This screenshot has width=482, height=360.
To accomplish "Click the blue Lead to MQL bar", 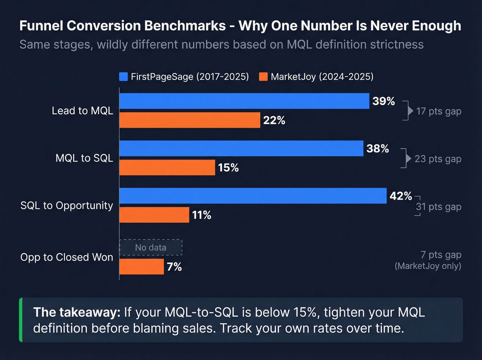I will click(x=244, y=101).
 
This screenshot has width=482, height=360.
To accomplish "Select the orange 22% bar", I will click(x=190, y=120).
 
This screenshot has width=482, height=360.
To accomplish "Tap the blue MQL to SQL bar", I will click(x=241, y=148).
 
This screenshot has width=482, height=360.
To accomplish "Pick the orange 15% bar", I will click(x=167, y=167).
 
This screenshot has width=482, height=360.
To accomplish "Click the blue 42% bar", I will click(x=253, y=196).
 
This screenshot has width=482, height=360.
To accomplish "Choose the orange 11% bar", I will click(x=154, y=215).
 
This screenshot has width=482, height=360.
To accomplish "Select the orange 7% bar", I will click(x=142, y=267).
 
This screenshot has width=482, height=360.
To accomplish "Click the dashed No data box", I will click(x=151, y=247).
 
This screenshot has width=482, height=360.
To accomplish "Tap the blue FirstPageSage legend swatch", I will click(x=123, y=76).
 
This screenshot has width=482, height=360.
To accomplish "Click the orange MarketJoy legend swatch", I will click(x=263, y=76).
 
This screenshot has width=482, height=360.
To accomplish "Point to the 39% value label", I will click(x=384, y=101).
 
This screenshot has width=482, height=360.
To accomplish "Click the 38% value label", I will click(x=378, y=148).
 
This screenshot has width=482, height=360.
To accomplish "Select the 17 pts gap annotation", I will click(x=439, y=111).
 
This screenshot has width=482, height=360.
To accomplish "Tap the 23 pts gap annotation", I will click(x=438, y=159).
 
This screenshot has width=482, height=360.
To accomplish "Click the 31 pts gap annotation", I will click(x=438, y=207).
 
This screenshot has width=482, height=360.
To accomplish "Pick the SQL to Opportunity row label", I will click(x=67, y=205).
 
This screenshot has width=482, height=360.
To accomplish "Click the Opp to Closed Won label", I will click(x=67, y=257).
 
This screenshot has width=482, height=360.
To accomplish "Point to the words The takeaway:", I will click(x=76, y=312).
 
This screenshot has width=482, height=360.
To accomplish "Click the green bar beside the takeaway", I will click(x=21, y=320).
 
